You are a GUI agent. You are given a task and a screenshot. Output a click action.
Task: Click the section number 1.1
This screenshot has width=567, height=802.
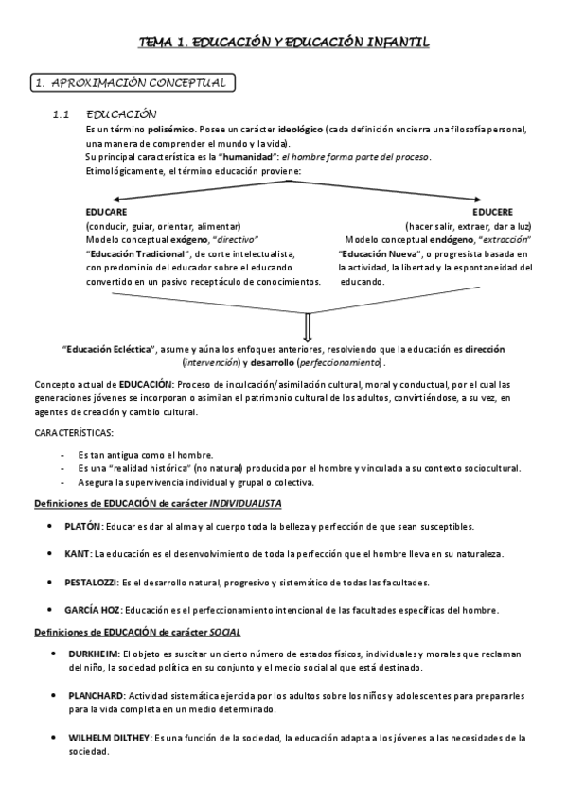(x=62, y=114)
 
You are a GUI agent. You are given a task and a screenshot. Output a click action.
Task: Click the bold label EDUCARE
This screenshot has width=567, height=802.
(x=106, y=212)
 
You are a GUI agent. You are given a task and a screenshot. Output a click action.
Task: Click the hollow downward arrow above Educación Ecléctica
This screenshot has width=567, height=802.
(x=307, y=327)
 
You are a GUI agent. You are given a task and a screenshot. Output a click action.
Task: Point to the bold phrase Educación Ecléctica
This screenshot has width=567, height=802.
(x=102, y=349)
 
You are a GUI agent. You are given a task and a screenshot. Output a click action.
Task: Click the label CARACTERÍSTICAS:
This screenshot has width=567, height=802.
(x=74, y=432)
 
